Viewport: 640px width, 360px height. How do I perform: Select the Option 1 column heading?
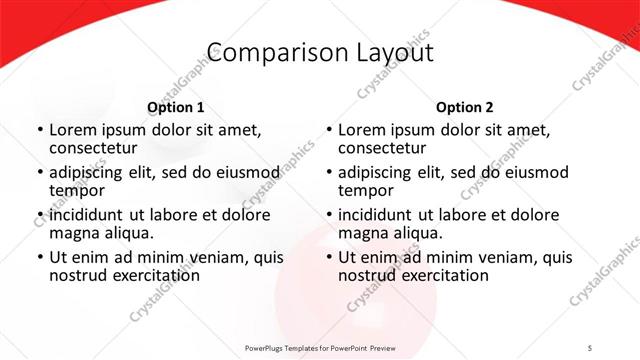pyautogui.click(x=175, y=107)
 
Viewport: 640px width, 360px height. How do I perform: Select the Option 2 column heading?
pyautogui.click(x=464, y=107)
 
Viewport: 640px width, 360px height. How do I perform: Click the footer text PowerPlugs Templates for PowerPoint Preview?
pyautogui.click(x=320, y=347)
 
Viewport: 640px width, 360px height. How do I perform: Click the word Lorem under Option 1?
pyautogui.click(x=73, y=130)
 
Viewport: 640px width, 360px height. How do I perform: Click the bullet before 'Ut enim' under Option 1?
pyautogui.click(x=39, y=258)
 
